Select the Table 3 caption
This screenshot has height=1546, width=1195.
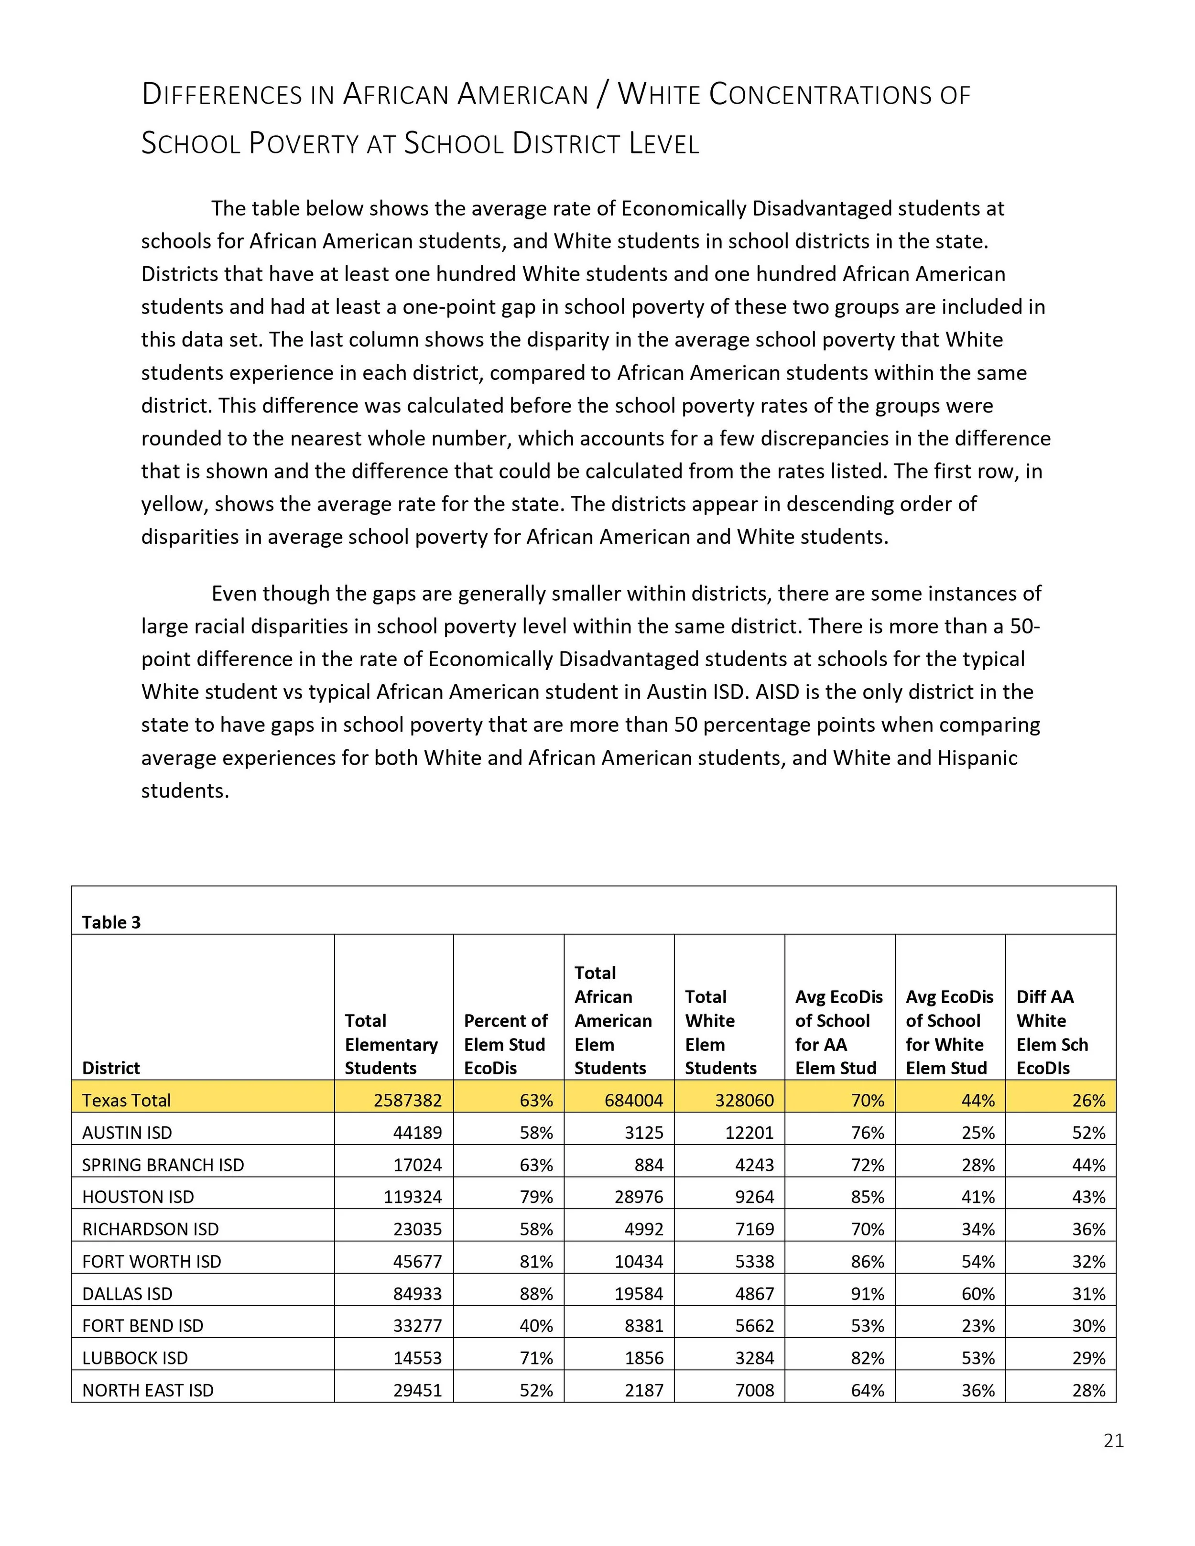point(111,922)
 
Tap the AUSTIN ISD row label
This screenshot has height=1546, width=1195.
point(127,1133)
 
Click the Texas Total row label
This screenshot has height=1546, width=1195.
point(126,1100)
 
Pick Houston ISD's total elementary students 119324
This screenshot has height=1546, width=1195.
point(413,1197)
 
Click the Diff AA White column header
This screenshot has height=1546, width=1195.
point(1052,1032)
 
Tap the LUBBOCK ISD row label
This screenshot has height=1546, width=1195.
point(134,1358)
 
